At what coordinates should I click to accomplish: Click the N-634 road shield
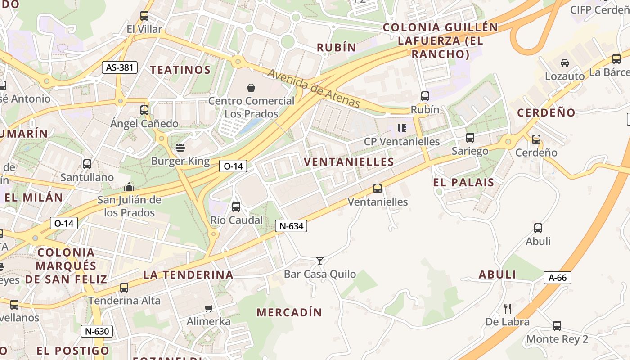[x=291, y=226]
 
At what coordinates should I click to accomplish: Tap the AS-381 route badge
[x=119, y=67]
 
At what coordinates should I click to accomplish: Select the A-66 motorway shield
[x=557, y=278]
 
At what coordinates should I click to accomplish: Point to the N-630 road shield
[x=96, y=332]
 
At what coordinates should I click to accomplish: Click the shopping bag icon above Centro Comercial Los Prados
[x=251, y=87]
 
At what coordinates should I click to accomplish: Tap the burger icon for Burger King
[x=180, y=147]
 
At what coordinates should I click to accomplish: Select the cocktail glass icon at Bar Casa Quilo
[x=320, y=261]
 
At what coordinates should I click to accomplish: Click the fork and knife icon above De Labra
[x=508, y=308]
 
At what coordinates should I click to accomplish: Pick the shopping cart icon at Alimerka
[x=208, y=308]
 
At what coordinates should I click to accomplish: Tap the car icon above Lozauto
[x=564, y=63]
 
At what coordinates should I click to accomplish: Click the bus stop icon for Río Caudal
[x=236, y=207]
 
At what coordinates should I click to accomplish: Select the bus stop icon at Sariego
[x=470, y=138]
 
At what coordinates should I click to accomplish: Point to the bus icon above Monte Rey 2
[x=557, y=326]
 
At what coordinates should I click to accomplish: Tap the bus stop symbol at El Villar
[x=144, y=16]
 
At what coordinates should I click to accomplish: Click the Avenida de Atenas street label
[x=314, y=89]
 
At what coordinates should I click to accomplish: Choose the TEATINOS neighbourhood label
[x=180, y=70]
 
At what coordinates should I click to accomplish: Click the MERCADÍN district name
[x=289, y=312]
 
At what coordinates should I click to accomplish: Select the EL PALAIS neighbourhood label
[x=463, y=182]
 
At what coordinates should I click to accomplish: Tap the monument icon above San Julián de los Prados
[x=129, y=186]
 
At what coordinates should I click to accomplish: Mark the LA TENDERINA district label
[x=188, y=274]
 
